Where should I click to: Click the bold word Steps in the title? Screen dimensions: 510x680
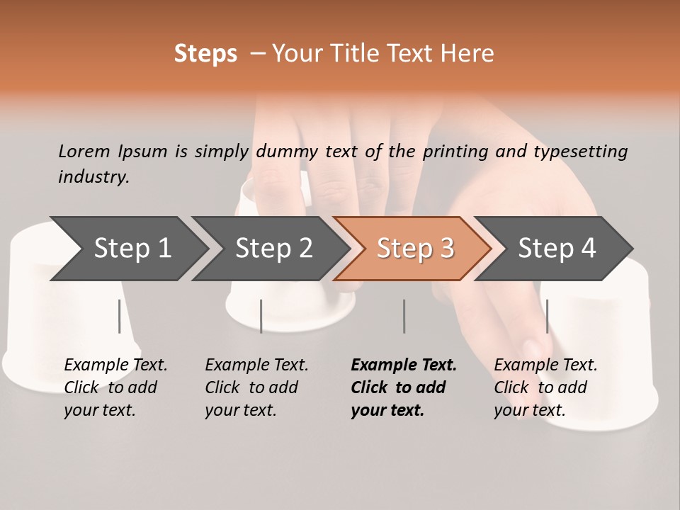click(205, 54)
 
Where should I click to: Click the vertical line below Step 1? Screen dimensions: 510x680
click(120, 316)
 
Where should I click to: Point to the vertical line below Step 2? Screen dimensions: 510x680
click(261, 316)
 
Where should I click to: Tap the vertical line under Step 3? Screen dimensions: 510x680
click(404, 316)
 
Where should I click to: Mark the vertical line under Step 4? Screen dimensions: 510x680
click(547, 316)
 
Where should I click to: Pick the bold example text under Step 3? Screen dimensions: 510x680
click(403, 387)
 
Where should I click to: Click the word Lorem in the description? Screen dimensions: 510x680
click(84, 151)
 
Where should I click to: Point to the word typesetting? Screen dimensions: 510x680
click(580, 151)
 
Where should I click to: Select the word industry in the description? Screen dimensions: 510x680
click(93, 176)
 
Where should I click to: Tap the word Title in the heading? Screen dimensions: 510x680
click(346, 54)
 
